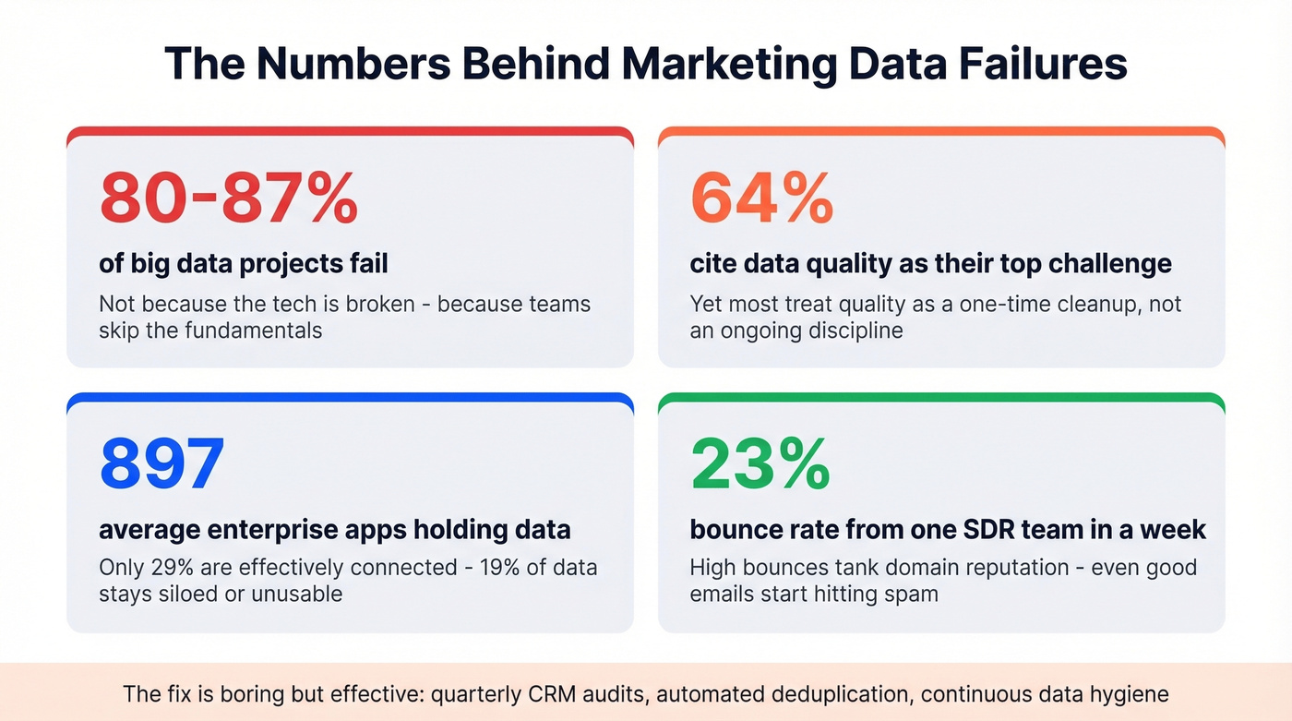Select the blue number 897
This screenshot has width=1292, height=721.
pyautogui.click(x=161, y=463)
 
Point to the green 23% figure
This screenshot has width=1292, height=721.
pyautogui.click(x=760, y=463)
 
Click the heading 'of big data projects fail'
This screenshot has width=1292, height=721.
pyautogui.click(x=244, y=264)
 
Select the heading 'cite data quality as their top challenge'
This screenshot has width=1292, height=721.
pyautogui.click(x=930, y=264)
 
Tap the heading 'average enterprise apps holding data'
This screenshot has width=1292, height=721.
pyautogui.click(x=334, y=530)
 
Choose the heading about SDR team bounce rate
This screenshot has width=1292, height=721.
pyautogui.click(x=948, y=530)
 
